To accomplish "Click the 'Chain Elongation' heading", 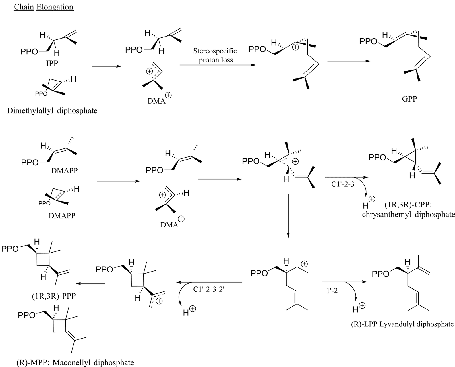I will pyautogui.click(x=44, y=7).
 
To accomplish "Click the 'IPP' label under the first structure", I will pyautogui.click(x=52, y=63).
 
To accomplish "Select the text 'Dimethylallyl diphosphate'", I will pyautogui.click(x=52, y=110).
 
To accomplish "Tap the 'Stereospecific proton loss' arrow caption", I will pyautogui.click(x=215, y=55).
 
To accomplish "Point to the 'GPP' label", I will pyautogui.click(x=409, y=99).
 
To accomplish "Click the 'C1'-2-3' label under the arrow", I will pyautogui.click(x=342, y=184).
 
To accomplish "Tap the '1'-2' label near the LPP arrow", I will pyautogui.click(x=332, y=291).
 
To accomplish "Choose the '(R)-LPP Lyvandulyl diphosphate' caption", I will pyautogui.click(x=402, y=324).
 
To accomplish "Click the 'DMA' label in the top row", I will pyautogui.click(x=156, y=101).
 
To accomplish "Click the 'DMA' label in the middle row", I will pyautogui.click(x=169, y=225).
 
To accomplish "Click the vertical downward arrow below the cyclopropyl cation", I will pyautogui.click(x=288, y=216).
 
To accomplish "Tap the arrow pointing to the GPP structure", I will pyautogui.click(x=349, y=61).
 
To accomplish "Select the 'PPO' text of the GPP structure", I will pyautogui.click(x=368, y=41).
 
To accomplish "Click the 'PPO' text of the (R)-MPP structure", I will pyautogui.click(x=26, y=315).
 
